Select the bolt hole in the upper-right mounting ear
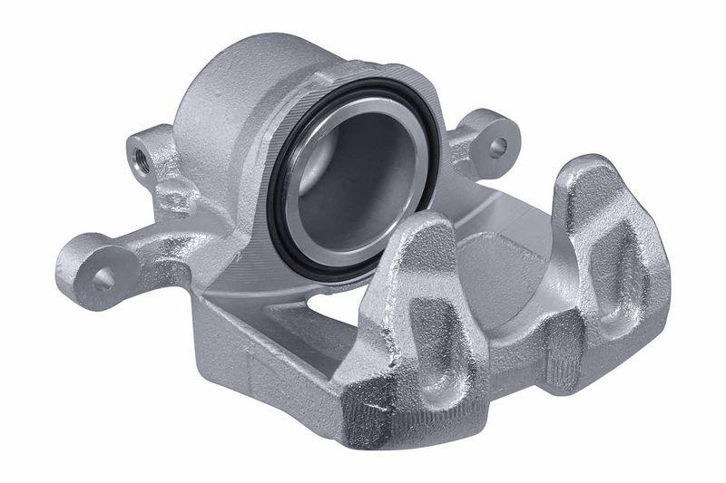(x=496, y=145)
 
